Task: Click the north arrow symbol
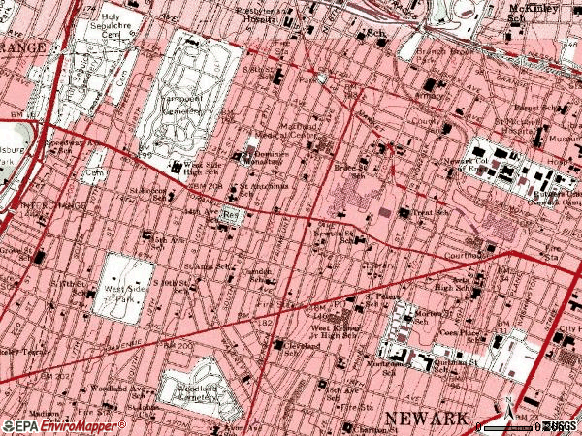[x=506, y=408]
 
